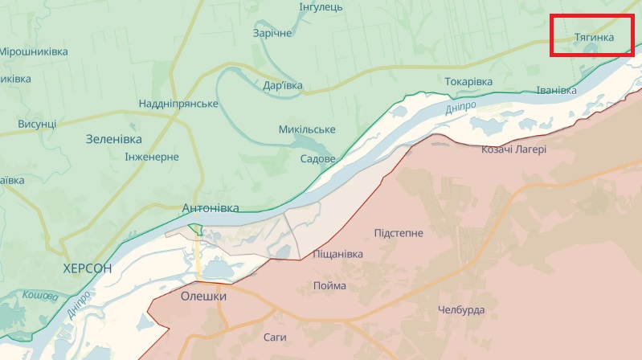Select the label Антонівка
211,207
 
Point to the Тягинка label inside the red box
595,38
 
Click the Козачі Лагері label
513,149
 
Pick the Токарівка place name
468,82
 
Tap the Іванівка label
554,91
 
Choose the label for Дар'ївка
283,84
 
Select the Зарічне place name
272,33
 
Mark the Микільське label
307,129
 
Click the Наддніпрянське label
178,104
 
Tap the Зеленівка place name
113,139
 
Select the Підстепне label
399,233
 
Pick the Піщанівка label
337,254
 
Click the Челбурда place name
461,310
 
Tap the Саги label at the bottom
276,337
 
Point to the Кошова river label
39,297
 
